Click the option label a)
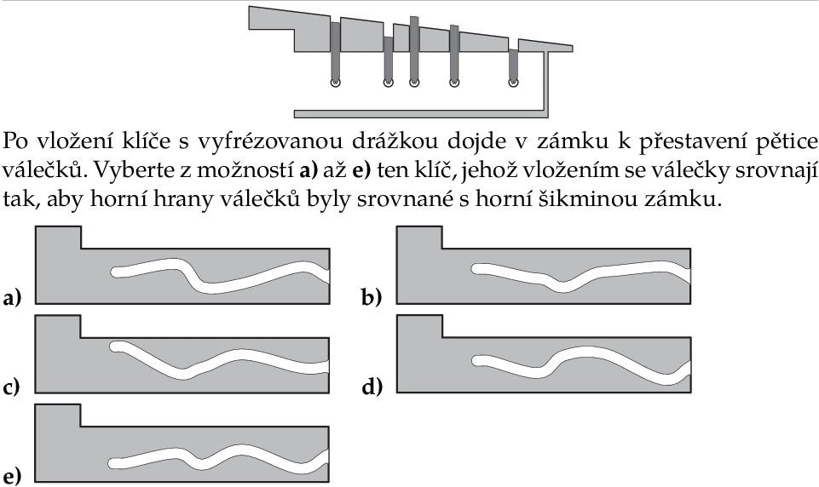coord(11,299)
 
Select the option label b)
coord(372,298)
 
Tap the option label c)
coord(11,388)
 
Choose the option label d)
coord(372,387)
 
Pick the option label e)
coord(11,477)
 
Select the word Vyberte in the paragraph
coord(121,169)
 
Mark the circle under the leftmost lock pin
coord(335,83)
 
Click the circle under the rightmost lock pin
coord(514,83)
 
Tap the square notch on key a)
coord(58,238)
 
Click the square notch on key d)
coord(419,326)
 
